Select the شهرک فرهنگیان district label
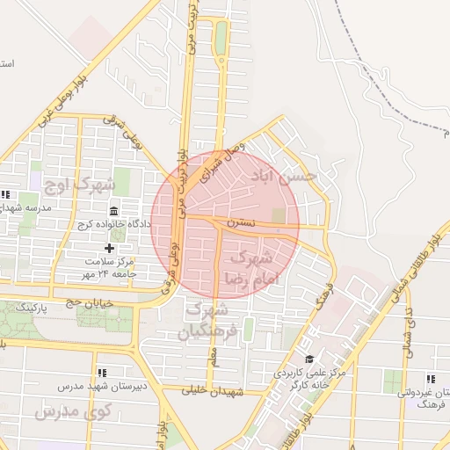(209, 321)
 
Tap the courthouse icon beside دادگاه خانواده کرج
(115, 211)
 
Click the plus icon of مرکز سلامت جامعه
(109, 249)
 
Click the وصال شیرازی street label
(218, 161)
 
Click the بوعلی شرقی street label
(122, 130)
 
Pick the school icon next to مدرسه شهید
(5, 194)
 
